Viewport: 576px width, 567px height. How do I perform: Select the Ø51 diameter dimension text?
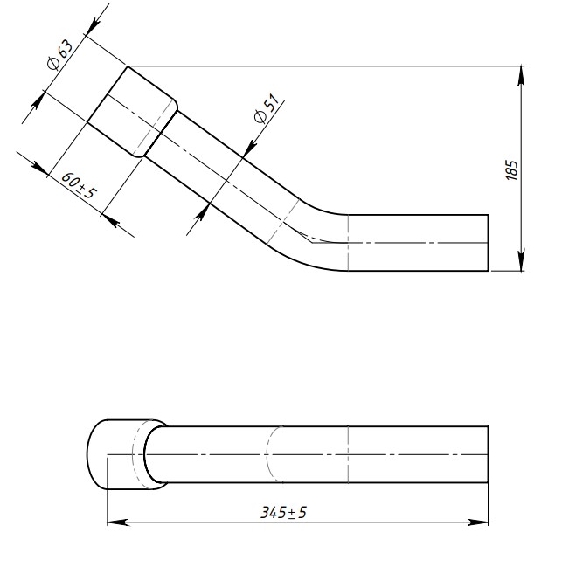tap(265, 111)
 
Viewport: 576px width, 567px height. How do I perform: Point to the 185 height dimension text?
tap(512, 169)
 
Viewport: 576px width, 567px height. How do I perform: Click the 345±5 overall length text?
tap(284, 513)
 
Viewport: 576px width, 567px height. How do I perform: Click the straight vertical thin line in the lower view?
tap(348, 454)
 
